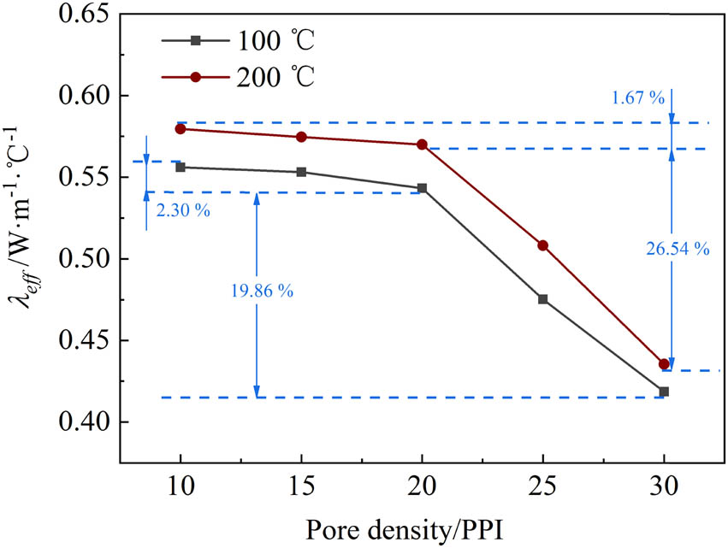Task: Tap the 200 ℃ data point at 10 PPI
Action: [x=181, y=128]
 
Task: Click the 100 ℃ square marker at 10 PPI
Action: [x=181, y=168]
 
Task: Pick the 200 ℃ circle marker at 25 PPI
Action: [x=542, y=245]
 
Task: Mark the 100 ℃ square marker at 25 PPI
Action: [x=542, y=299]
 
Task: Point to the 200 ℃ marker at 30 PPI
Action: [x=663, y=364]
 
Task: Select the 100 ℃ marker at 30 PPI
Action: [x=663, y=392]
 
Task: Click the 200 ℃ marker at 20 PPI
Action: [x=422, y=144]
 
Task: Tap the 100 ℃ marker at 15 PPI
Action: [x=301, y=172]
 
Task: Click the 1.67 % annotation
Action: [x=636, y=97]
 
